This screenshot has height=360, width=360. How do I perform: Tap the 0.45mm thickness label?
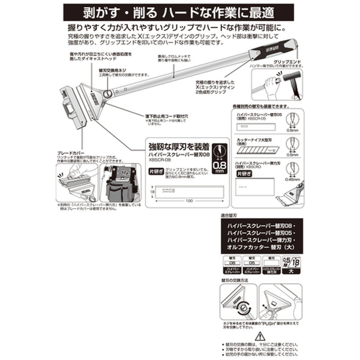tap(294, 179)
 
